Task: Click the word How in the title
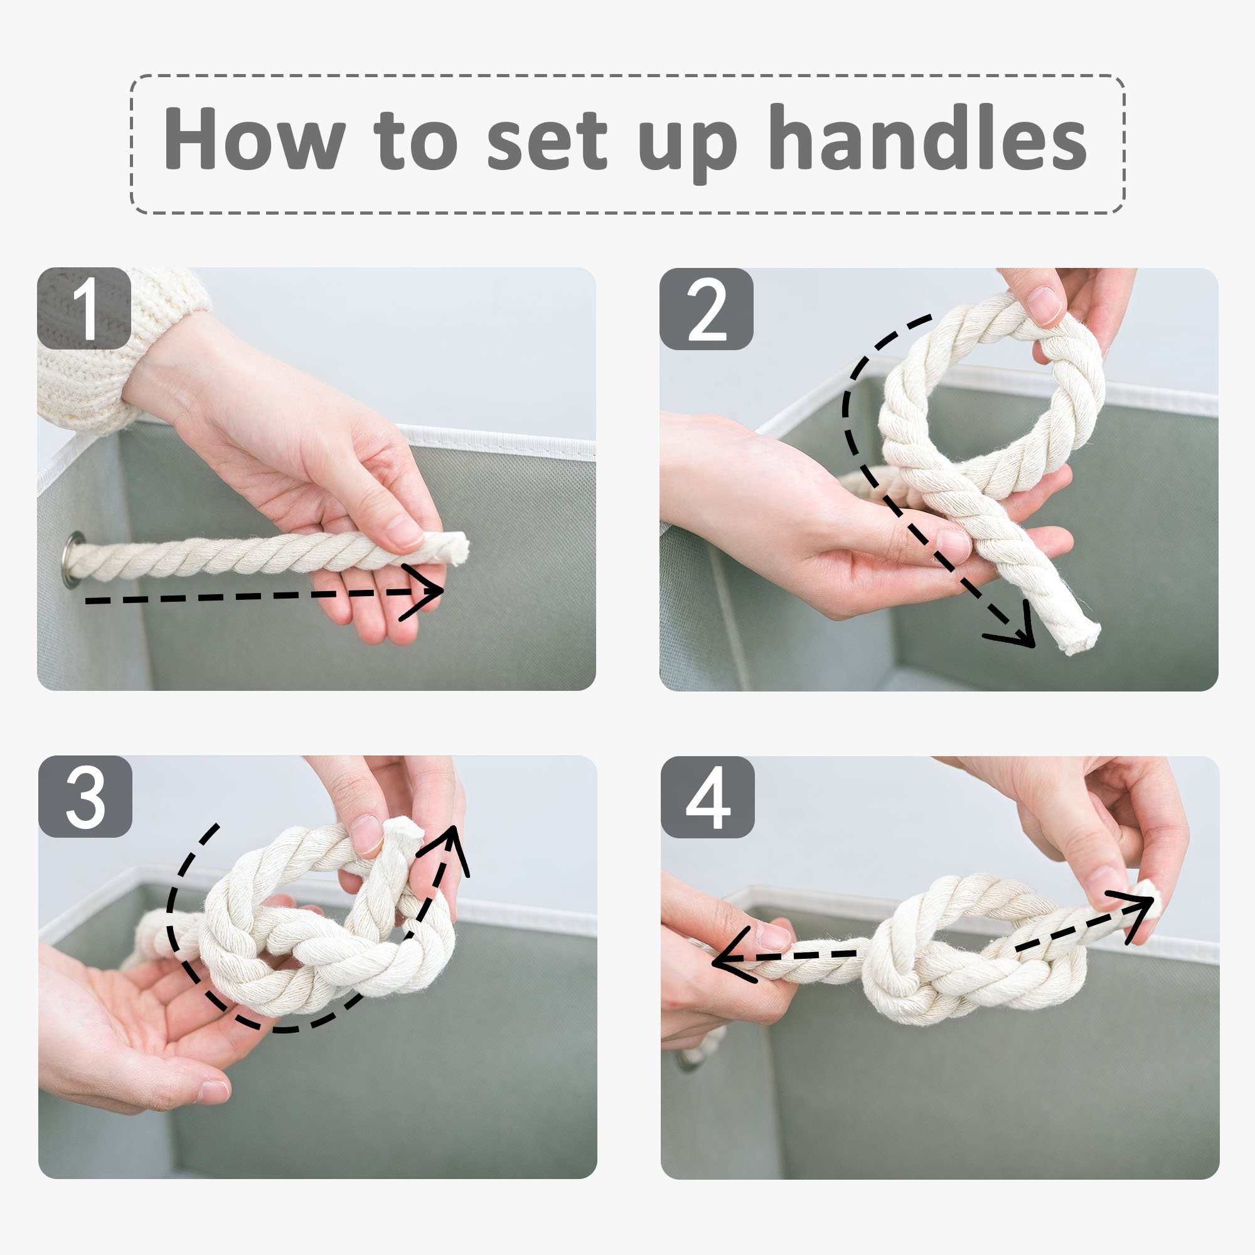tap(254, 137)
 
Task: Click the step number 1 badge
tap(85, 308)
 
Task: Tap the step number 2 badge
tap(706, 309)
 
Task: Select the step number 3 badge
tap(85, 796)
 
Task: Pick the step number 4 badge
tap(707, 797)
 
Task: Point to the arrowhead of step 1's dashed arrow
tap(422, 592)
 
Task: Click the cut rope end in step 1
tap(456, 549)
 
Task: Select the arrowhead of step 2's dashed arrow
tap(1013, 627)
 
